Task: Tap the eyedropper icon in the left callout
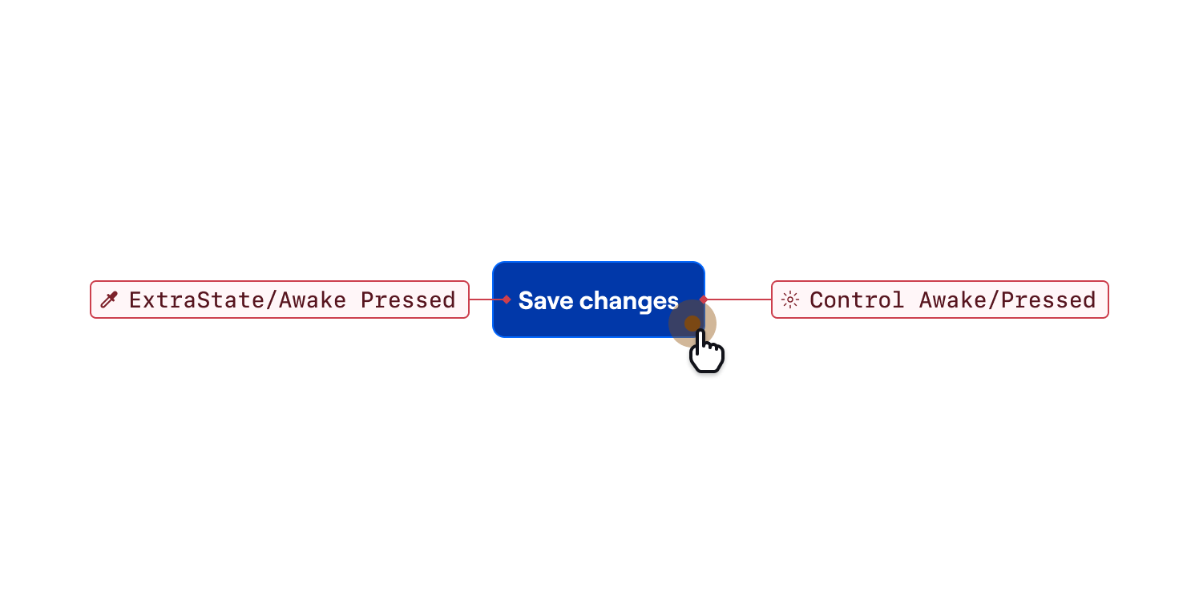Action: tap(109, 299)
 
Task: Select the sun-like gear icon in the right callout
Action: tap(790, 299)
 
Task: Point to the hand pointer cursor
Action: tap(706, 351)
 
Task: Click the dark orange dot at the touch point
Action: tap(692, 323)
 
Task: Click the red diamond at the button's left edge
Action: tap(507, 299)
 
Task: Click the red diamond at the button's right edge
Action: tap(704, 299)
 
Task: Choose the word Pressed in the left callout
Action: tap(408, 300)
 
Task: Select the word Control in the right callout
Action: tap(857, 300)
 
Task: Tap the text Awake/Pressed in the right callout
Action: tap(1007, 300)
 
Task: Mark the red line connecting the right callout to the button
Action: tap(737, 299)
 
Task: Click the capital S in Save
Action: tap(526, 300)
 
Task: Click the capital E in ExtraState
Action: tap(135, 300)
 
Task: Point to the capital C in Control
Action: tap(816, 300)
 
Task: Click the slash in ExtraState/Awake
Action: tap(272, 300)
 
